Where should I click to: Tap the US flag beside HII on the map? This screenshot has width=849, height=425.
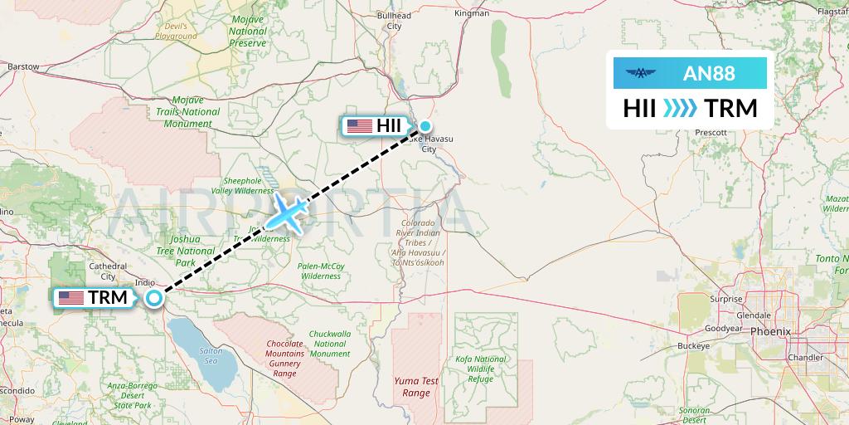pyautogui.click(x=360, y=126)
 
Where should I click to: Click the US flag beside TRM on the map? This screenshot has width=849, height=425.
pyautogui.click(x=71, y=297)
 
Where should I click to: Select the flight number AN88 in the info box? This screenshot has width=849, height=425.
pyautogui.click(x=708, y=73)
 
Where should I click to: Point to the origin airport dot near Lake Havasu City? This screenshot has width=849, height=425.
pyautogui.click(x=425, y=126)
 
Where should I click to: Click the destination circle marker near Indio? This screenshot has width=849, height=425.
pyautogui.click(x=154, y=297)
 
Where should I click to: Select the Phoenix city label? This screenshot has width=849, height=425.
pyautogui.click(x=771, y=331)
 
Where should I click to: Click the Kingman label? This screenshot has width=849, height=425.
pyautogui.click(x=473, y=14)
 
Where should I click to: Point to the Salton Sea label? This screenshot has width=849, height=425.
pyautogui.click(x=211, y=356)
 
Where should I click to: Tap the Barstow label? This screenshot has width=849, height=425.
pyautogui.click(x=23, y=66)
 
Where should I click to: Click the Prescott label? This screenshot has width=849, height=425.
pyautogui.click(x=711, y=132)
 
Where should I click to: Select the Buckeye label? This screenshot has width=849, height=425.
pyautogui.click(x=693, y=345)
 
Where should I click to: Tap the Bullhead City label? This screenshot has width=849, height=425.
pyautogui.click(x=394, y=20)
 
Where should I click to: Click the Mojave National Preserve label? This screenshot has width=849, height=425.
pyautogui.click(x=248, y=31)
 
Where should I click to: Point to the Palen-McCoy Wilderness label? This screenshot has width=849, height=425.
pyautogui.click(x=322, y=271)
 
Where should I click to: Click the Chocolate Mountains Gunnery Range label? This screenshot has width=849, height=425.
pyautogui.click(x=285, y=359)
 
